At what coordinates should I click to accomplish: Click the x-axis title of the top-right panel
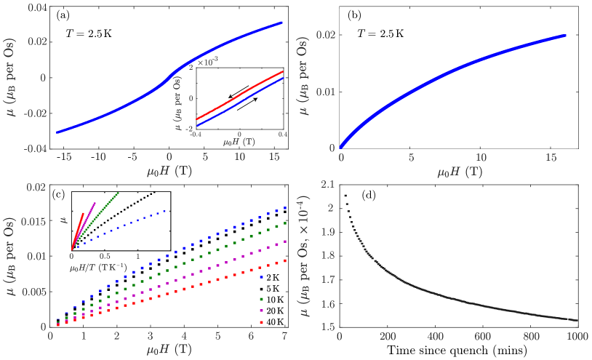(x=459, y=172)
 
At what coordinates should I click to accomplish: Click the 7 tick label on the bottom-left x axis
(x=284, y=337)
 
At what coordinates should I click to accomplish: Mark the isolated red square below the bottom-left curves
(x=261, y=321)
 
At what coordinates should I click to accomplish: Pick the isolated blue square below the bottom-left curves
(x=261, y=277)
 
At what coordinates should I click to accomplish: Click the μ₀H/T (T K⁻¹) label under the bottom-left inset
(x=98, y=267)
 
